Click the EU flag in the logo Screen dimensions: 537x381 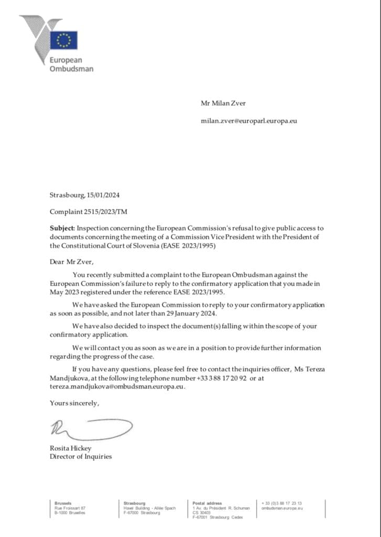pos(64,40)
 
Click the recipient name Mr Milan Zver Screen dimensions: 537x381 pos(223,103)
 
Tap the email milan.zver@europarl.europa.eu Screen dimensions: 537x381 pos(249,121)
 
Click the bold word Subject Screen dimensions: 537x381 pos(62,229)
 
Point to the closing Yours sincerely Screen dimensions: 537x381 pos(74,403)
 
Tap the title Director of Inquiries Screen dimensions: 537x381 pos(81,456)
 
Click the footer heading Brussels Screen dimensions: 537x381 pos(63,503)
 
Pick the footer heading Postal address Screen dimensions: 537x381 pos(207,503)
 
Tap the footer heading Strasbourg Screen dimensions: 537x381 pos(135,503)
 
